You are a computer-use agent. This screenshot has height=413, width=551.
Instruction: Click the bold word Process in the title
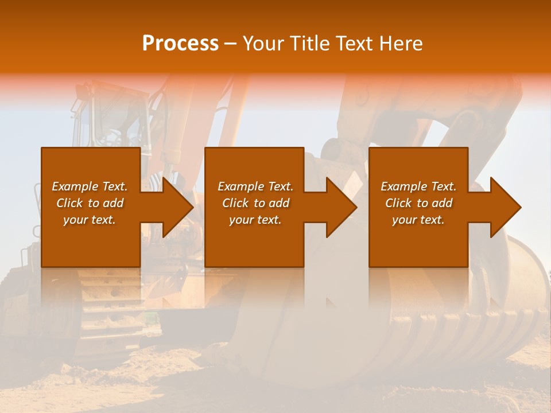pyautogui.click(x=180, y=44)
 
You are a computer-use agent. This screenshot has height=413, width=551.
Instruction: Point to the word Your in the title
pyautogui.click(x=263, y=44)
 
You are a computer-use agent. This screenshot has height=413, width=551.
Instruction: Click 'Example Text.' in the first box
pyautogui.click(x=90, y=186)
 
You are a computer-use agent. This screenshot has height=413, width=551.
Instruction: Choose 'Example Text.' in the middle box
pyautogui.click(x=255, y=186)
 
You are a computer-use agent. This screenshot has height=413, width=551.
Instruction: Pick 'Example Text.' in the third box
pyautogui.click(x=418, y=186)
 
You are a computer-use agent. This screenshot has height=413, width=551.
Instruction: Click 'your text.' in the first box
pyautogui.click(x=90, y=220)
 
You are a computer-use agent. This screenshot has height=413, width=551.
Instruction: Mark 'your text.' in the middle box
pyautogui.click(x=255, y=220)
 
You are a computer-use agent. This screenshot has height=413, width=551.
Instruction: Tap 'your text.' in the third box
pyautogui.click(x=418, y=220)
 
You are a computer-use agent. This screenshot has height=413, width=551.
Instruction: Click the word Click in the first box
pyautogui.click(x=69, y=203)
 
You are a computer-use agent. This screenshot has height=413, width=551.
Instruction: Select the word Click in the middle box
pyautogui.click(x=235, y=203)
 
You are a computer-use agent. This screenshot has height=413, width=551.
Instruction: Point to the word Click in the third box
pyautogui.click(x=398, y=203)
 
